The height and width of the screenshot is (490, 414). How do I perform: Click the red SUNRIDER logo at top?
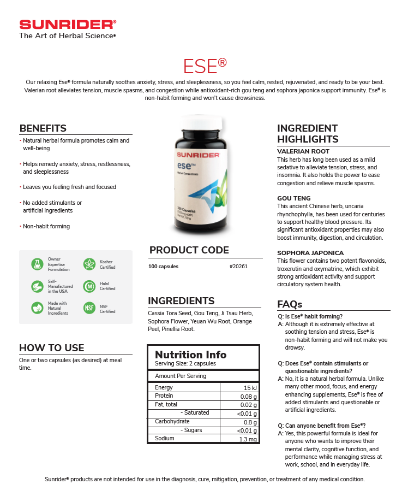pos(67,25)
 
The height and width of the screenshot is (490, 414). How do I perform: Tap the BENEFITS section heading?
pos(43,128)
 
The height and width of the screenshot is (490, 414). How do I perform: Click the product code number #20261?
pos(238,267)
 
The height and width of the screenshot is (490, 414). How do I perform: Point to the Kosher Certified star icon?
pos(89,264)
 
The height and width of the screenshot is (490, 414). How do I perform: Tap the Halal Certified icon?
pos(89,286)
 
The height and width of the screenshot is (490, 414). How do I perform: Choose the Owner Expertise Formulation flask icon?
pos(37,264)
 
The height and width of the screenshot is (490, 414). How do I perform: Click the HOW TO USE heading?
pos(52,348)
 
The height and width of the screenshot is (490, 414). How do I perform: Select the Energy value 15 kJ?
pos(250,388)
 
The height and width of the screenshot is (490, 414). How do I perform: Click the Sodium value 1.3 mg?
pos(248,439)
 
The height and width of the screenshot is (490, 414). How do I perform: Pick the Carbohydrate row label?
pos(172,422)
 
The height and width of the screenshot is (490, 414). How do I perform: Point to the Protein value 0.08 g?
pos(248,397)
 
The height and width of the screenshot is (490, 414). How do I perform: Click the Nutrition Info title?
pos(190,355)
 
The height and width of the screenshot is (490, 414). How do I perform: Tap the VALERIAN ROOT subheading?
pos(303,151)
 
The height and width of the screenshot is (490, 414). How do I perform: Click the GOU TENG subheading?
pos(293,198)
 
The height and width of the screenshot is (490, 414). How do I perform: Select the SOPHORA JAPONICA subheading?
pos(310,253)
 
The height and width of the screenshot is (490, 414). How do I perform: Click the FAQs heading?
pos(290,304)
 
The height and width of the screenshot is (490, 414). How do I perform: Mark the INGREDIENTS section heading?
pos(181,301)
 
